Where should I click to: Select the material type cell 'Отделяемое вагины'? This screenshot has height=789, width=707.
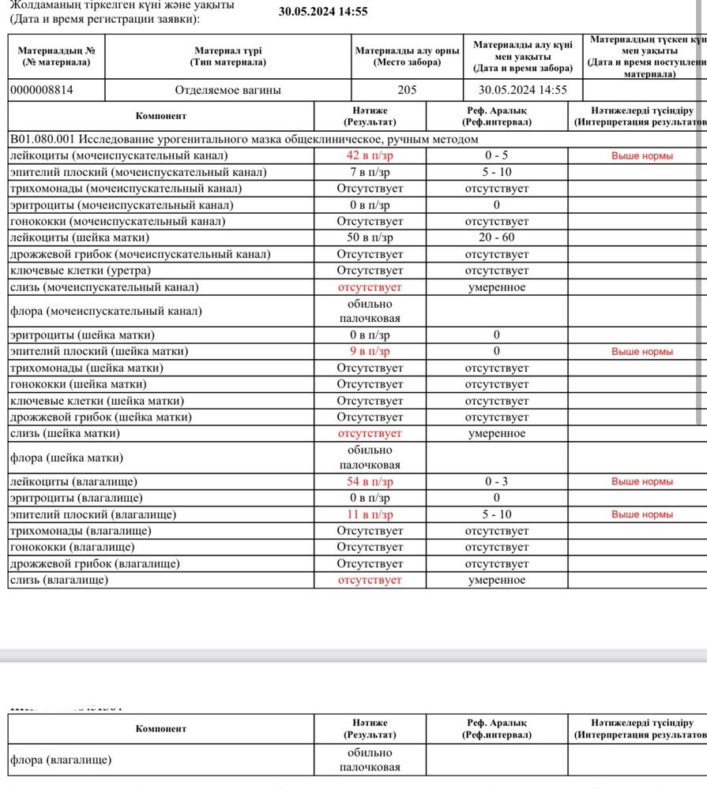228,90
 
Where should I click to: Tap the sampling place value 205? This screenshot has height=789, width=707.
407,90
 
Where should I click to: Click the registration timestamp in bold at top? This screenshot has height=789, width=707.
323,11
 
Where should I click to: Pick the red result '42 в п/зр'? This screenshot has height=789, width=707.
370,155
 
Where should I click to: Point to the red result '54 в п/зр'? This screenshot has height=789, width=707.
370,481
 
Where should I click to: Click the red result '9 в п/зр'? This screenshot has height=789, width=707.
370,351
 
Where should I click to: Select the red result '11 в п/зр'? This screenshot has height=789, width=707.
370,514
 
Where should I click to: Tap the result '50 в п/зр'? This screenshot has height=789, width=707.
370,237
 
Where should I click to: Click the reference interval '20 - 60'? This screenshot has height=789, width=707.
496,237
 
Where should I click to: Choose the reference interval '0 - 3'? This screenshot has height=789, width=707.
496,481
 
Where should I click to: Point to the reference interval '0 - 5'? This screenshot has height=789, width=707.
496,155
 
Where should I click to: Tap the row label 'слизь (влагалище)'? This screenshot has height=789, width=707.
58,580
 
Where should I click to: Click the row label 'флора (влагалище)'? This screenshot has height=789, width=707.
60,761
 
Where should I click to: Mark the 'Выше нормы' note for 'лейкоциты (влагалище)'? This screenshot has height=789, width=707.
641,481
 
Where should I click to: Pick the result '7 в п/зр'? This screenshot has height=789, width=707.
370,172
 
